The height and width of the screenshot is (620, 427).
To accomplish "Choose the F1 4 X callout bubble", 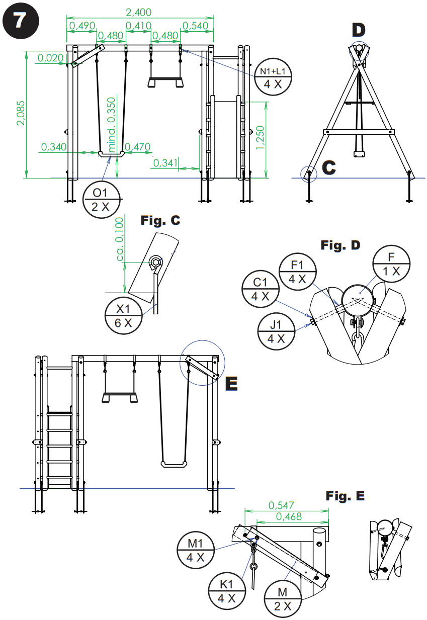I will point(298,272).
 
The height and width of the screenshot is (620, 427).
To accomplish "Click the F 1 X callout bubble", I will point(391,264).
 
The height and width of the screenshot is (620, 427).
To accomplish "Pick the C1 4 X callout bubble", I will point(261,289).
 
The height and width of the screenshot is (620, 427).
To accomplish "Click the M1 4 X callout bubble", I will point(196,551).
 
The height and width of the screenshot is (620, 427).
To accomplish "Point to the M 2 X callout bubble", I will point(284,598).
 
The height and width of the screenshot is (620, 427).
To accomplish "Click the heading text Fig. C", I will point(160,220).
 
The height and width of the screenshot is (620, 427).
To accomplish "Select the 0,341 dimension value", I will point(165,162).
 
